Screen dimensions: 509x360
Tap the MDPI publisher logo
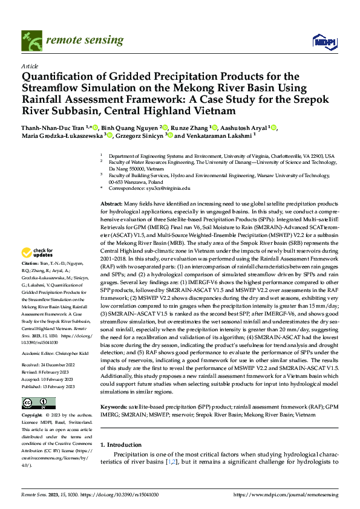pyautogui.click(x=321, y=41)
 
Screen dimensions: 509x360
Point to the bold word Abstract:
pyautogui.click(x=112, y=205)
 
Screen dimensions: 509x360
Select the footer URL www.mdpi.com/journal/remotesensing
pyautogui.click(x=295, y=494)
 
